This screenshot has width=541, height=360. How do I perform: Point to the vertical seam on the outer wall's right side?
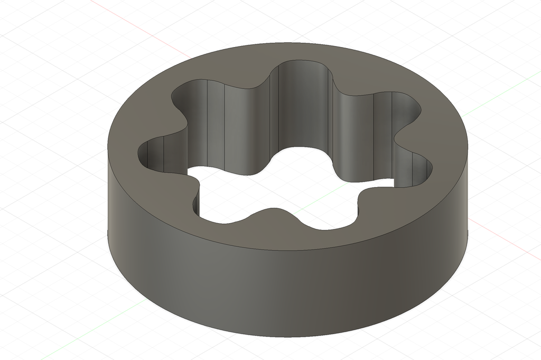click(468, 233)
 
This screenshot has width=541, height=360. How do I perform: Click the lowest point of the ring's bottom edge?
click(296, 336)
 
